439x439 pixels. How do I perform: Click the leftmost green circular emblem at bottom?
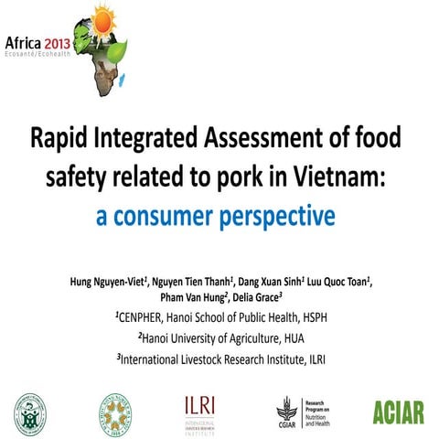tap(30, 412)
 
